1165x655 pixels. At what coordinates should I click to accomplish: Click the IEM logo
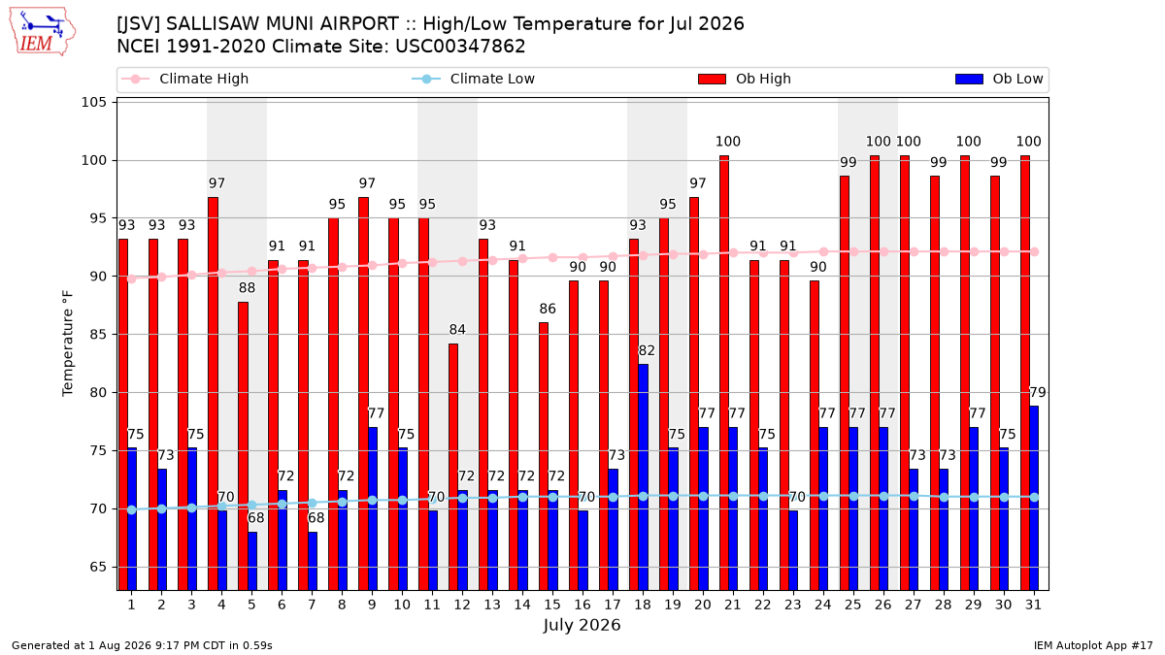coord(43,32)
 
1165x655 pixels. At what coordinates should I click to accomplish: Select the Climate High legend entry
coord(184,79)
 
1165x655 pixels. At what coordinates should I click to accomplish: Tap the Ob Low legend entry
coord(999,79)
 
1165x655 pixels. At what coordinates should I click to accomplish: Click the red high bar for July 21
coord(724,373)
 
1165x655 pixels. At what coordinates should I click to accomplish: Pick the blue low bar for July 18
coord(644,477)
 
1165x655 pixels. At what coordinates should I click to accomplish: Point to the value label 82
coord(647,350)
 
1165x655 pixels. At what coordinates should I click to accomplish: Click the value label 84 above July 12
coord(457,330)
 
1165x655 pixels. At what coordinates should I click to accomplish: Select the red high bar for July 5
coord(243,446)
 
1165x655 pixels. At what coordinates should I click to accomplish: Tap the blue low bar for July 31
coord(1034,498)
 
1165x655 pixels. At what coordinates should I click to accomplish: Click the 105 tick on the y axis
coord(93,102)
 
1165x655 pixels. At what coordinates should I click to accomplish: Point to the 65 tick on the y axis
coord(98,567)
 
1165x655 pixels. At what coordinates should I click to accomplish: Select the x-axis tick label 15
coord(552,605)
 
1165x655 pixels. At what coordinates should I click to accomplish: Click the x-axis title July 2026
coord(582,625)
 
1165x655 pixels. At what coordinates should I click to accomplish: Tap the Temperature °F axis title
coord(68,344)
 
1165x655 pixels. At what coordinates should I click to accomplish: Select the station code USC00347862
coord(460,47)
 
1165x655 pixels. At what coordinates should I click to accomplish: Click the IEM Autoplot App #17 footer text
coord(1093,645)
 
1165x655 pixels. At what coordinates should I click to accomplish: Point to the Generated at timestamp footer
coord(142,645)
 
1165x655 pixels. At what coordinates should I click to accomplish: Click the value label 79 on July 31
coord(1038,392)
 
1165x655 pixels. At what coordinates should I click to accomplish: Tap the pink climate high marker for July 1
coord(132,278)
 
